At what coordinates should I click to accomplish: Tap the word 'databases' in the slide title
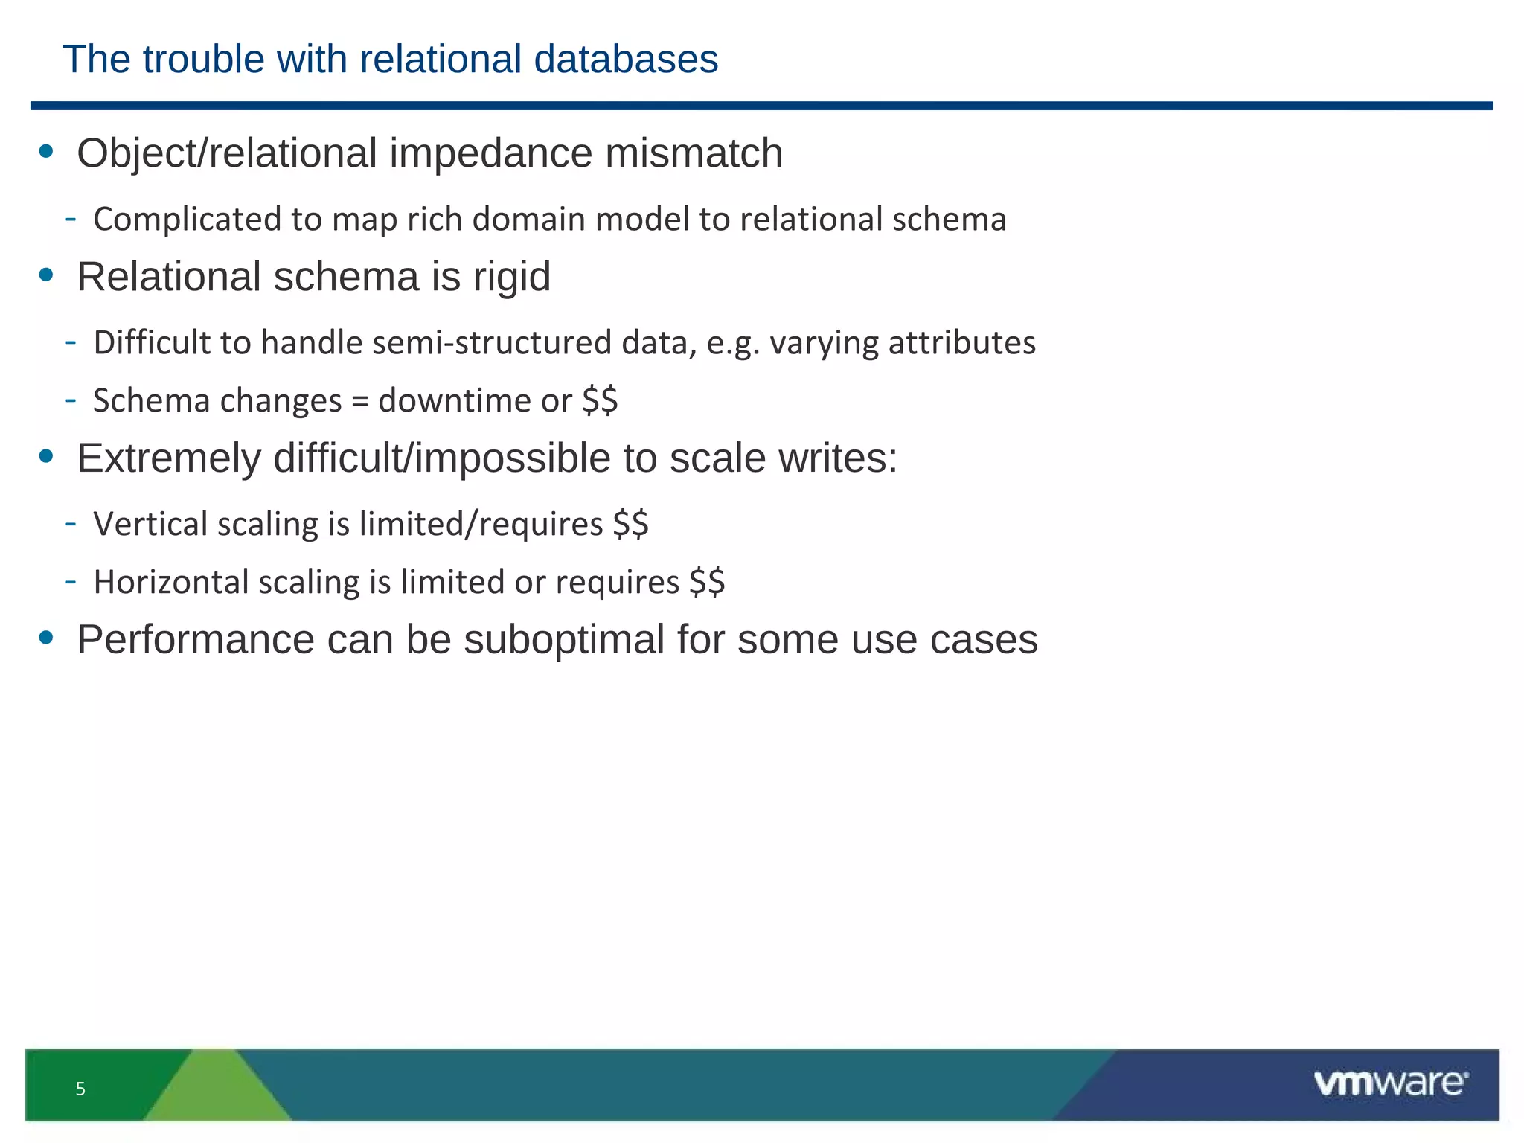tap(626, 60)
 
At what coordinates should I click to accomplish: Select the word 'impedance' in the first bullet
tap(491, 154)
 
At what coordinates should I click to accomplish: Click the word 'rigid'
tap(512, 277)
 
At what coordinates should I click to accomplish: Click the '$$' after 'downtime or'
tap(600, 401)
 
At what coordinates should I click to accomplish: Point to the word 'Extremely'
tap(169, 458)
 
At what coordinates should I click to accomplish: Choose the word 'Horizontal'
tap(170, 582)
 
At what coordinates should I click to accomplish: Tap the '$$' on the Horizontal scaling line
tap(706, 582)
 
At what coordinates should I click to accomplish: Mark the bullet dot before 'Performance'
tap(46, 638)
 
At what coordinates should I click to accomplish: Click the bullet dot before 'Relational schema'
tap(46, 275)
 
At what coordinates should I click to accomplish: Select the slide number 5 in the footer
tap(80, 1089)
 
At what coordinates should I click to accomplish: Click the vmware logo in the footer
tap(1390, 1083)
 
